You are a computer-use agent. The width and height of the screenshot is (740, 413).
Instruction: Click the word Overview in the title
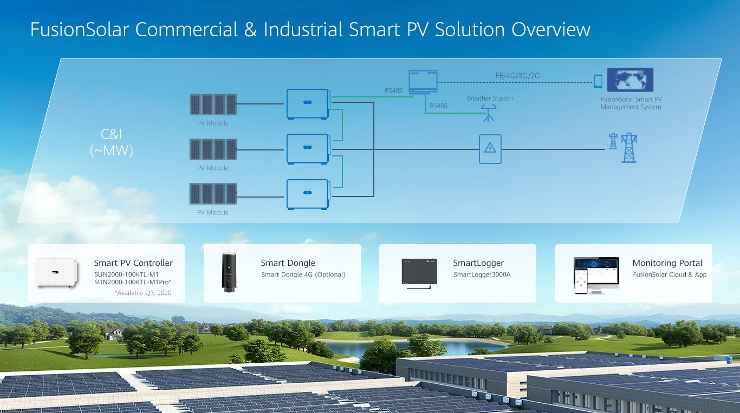[x=551, y=29]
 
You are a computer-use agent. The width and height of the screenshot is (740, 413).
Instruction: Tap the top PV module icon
[x=213, y=104]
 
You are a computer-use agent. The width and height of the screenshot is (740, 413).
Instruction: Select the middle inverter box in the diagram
[x=308, y=149]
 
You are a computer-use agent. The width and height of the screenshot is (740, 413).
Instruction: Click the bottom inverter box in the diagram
[x=308, y=194]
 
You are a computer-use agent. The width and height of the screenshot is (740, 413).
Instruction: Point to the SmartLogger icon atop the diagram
[x=423, y=82]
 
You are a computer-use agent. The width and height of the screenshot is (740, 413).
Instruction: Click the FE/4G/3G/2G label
[x=517, y=76]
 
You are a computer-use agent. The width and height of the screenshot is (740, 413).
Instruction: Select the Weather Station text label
[x=490, y=98]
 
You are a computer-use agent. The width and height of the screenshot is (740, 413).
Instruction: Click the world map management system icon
[x=630, y=80]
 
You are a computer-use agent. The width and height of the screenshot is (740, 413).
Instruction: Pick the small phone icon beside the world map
[x=598, y=81]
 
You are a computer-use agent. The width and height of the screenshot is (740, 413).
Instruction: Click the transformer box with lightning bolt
[x=490, y=149]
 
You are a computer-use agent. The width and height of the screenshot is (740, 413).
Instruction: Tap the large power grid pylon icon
[x=629, y=148]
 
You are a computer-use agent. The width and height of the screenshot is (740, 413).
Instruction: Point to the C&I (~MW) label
[x=112, y=142]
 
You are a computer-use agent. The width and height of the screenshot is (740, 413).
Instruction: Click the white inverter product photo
[x=57, y=273]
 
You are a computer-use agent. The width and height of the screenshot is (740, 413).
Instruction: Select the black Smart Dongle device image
[x=229, y=272]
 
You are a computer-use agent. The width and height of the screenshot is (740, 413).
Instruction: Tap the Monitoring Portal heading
[x=667, y=263]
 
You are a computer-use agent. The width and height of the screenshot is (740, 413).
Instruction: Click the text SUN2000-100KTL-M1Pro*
[x=133, y=282]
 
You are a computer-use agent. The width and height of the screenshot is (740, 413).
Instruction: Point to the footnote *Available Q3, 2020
[x=143, y=293]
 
